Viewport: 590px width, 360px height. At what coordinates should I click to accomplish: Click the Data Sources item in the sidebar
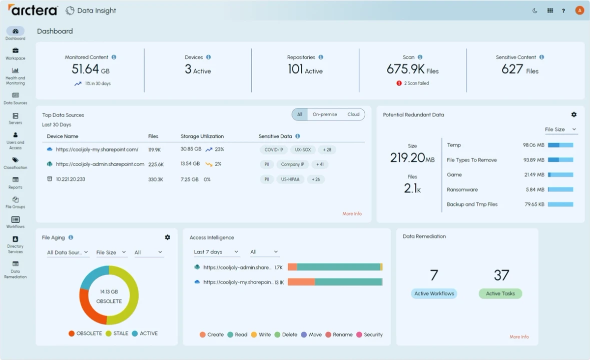click(15, 98)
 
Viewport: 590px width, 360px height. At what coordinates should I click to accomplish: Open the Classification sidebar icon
click(15, 162)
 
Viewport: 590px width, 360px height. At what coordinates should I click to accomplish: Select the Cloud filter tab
click(353, 114)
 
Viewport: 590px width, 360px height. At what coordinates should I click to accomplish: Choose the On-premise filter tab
click(325, 114)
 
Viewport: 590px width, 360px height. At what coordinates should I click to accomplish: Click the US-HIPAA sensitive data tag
click(290, 179)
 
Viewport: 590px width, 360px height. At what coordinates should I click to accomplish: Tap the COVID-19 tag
click(274, 149)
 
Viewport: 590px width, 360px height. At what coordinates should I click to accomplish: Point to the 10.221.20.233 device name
click(70, 179)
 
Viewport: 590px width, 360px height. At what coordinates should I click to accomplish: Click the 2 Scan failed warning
click(413, 83)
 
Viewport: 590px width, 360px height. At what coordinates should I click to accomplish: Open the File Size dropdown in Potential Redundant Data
click(560, 129)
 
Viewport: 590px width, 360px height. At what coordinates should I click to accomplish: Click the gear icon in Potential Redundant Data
click(574, 114)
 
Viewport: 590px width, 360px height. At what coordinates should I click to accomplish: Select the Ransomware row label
click(462, 189)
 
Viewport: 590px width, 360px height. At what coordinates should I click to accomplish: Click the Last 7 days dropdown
click(216, 252)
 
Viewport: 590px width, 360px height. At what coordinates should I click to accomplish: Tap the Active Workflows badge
click(434, 293)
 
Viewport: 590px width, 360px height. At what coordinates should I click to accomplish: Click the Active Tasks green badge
click(500, 293)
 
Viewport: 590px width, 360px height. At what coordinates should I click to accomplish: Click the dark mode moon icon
click(535, 10)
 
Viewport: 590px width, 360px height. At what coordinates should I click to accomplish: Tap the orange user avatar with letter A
click(579, 10)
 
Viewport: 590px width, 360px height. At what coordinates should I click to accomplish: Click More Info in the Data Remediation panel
click(519, 337)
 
